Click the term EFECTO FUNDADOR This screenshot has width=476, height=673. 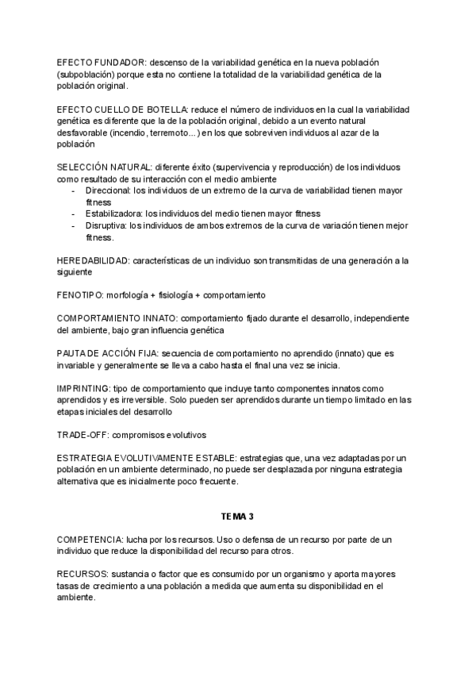click(102, 62)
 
